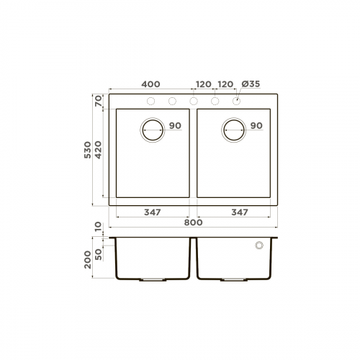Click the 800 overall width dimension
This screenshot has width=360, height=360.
point(192,222)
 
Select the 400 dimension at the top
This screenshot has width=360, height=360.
point(150,84)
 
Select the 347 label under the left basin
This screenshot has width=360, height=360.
point(151,212)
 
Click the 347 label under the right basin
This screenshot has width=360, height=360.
point(240,212)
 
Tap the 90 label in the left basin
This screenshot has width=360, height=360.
point(175,126)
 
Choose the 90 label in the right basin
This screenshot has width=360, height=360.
point(256,126)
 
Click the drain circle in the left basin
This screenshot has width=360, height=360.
point(153,130)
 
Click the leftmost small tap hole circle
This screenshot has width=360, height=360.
point(150,101)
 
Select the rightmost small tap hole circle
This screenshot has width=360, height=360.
point(236,101)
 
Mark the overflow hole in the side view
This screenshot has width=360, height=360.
point(258,246)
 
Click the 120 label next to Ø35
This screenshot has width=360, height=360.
point(225,84)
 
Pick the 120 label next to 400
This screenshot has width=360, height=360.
point(202,84)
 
